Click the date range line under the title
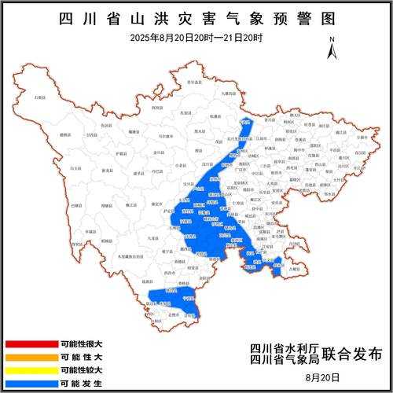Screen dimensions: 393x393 point(196,38)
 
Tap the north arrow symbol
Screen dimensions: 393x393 point(332,47)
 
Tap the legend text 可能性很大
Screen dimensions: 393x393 point(81,344)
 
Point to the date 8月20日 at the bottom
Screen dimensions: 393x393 point(329,376)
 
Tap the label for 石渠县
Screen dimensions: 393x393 point(39,97)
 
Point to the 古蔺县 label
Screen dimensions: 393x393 point(293,270)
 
